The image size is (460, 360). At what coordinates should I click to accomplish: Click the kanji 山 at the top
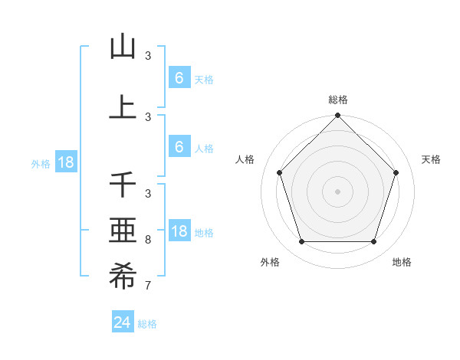(123, 47)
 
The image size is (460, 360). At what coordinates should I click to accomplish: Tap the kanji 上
(123, 107)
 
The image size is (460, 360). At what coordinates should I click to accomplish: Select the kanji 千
(123, 185)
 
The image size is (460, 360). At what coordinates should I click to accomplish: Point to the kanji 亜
(123, 231)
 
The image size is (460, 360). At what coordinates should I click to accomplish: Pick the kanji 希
(123, 277)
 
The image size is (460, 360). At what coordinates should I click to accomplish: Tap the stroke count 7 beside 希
(148, 286)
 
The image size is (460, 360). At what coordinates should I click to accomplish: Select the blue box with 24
(123, 322)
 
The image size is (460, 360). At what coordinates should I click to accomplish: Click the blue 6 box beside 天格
(179, 78)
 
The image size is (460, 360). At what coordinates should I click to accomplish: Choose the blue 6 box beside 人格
(179, 147)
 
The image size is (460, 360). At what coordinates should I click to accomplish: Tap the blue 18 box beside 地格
(179, 231)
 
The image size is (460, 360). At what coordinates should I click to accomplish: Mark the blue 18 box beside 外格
(65, 162)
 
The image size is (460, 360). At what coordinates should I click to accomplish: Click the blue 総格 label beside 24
(147, 324)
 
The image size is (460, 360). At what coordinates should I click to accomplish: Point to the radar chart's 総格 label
(337, 100)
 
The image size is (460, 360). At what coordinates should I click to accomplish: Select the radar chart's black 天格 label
(431, 159)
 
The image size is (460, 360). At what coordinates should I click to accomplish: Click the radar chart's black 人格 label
(245, 159)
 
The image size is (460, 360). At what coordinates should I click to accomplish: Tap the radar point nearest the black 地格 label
(373, 242)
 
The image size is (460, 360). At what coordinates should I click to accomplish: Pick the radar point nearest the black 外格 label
(301, 242)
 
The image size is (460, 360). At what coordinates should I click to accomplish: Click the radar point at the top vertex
(337, 116)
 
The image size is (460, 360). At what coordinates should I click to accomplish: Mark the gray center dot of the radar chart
(337, 191)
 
